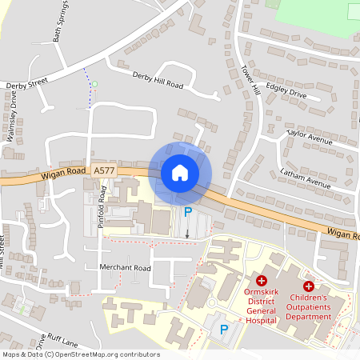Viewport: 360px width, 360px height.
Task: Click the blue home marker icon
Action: tap(180, 172)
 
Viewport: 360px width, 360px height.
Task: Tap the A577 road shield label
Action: tap(103, 170)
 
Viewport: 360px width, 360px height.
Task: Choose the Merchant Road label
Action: tap(125, 268)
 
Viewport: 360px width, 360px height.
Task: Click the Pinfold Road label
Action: tap(102, 208)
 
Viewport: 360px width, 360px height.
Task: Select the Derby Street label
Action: tap(27, 83)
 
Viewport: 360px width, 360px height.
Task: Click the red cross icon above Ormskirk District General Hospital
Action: tap(261, 280)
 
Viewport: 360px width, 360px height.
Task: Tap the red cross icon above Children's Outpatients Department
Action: tap(309, 286)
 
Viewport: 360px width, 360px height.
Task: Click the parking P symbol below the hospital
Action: tap(224, 329)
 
